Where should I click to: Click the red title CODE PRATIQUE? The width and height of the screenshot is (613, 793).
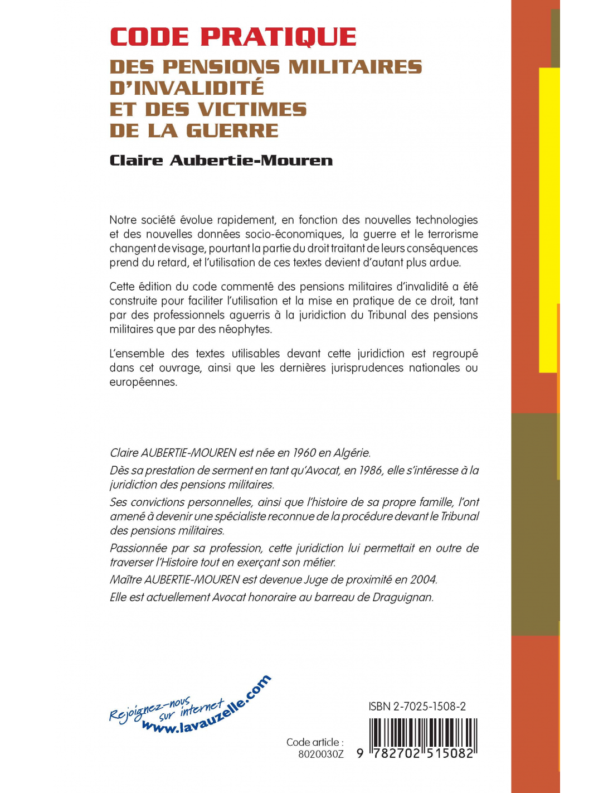click(233, 37)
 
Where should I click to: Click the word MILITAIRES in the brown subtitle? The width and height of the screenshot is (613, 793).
click(355, 67)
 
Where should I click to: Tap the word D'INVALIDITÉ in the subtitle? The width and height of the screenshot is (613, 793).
click(187, 88)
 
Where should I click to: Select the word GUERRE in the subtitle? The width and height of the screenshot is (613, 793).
click(232, 130)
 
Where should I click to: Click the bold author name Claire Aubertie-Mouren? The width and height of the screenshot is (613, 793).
click(221, 161)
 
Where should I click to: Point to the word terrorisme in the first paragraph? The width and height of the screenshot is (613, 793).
click(453, 234)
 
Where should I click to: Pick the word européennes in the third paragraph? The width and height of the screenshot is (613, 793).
click(143, 382)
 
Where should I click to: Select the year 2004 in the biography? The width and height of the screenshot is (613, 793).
click(423, 579)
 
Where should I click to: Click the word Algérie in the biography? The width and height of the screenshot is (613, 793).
click(352, 453)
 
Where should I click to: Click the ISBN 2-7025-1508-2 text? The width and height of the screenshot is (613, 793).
click(417, 707)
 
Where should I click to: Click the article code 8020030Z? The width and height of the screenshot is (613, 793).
click(320, 755)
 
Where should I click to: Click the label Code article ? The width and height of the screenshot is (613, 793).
click(315, 742)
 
